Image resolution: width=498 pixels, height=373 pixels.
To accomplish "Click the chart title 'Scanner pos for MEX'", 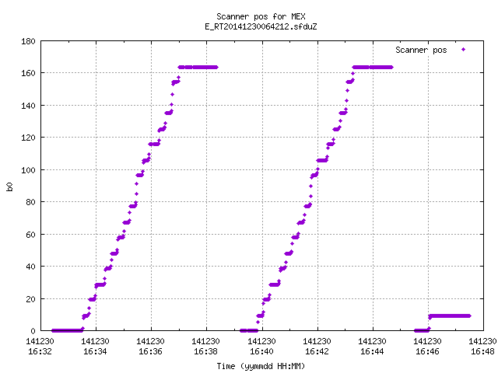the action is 261,16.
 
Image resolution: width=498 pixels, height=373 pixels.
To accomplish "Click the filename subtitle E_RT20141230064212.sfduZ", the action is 261,26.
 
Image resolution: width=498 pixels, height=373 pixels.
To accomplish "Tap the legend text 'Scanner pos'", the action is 421,50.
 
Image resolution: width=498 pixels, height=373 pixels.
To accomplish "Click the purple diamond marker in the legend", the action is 464,50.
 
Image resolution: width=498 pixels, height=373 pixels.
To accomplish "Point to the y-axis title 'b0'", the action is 9,186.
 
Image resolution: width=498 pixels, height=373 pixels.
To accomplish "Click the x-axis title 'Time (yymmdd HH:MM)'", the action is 261,366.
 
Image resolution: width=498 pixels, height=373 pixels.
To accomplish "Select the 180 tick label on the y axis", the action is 28,41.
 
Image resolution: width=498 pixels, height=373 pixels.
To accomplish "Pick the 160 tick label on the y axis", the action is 28,73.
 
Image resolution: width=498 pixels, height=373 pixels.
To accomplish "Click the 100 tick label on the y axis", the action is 28,169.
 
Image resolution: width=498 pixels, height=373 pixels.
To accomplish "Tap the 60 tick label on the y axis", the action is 30,234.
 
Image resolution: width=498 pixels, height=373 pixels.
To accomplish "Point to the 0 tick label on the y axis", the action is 33,331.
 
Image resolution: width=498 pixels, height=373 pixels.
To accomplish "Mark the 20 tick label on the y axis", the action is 30,298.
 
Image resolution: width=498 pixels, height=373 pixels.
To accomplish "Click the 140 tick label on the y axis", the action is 28,106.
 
